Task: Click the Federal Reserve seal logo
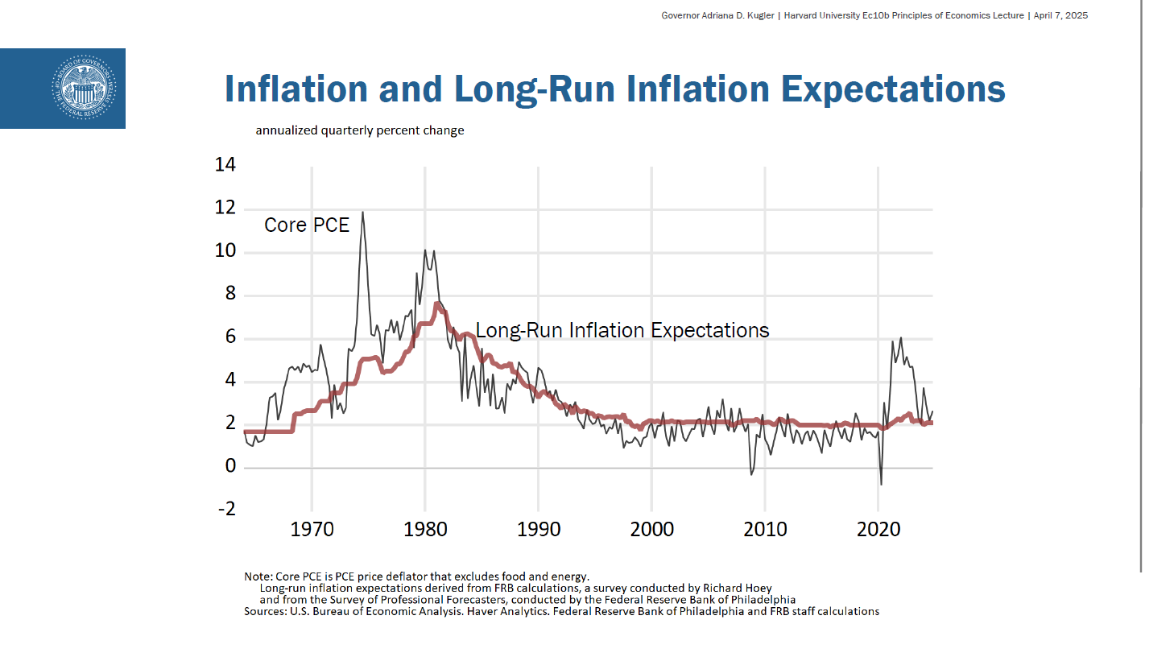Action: tap(84, 89)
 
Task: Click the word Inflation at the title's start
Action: tap(296, 89)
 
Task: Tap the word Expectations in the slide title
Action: tap(893, 89)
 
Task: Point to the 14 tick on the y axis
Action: tap(225, 164)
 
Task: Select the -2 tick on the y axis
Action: tap(226, 509)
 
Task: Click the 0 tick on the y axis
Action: tap(230, 465)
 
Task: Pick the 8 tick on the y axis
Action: tap(230, 293)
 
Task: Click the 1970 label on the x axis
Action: tap(312, 529)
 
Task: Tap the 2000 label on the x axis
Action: tap(651, 529)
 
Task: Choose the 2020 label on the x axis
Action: tap(878, 529)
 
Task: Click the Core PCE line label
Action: tap(307, 225)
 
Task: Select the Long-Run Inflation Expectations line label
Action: tap(622, 330)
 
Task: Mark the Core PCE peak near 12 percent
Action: tap(362, 213)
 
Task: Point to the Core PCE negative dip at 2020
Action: tap(881, 483)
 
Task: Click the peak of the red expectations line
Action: tap(436, 304)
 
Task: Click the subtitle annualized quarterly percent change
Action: tap(360, 130)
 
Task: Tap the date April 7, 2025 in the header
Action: tap(1060, 15)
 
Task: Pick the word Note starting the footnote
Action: tap(258, 576)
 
